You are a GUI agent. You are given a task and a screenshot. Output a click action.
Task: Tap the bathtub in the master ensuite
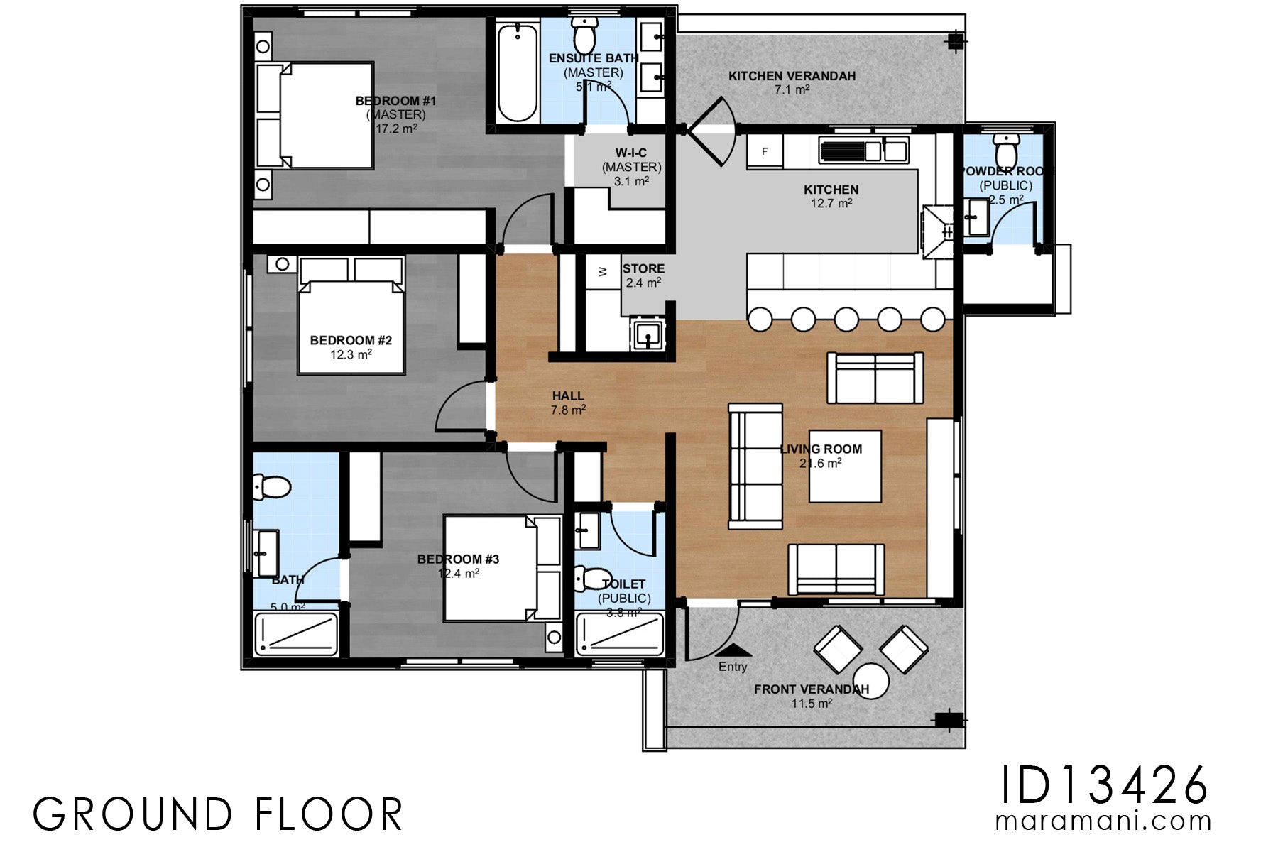point(517,73)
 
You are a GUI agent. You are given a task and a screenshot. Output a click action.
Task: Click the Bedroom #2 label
point(351,341)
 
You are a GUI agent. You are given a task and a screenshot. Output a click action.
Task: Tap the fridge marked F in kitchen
point(765,151)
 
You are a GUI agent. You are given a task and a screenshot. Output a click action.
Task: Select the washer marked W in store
point(603,272)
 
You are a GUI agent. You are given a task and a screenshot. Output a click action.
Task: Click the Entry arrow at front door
point(733,650)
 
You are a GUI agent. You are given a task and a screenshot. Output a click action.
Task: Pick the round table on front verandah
point(871,681)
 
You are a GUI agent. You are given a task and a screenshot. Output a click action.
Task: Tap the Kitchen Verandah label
point(792,76)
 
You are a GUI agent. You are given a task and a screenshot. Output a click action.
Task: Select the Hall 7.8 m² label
point(568,403)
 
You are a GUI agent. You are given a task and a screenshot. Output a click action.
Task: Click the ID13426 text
point(1103,785)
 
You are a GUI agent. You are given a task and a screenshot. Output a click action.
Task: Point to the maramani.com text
point(1103,821)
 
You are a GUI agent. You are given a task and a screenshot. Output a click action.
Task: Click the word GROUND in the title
point(133,814)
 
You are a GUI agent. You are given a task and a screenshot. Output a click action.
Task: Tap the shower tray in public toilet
point(619,635)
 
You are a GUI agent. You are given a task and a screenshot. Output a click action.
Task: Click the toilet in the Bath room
point(272,486)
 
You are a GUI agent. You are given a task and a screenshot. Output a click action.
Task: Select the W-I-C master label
point(631,166)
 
